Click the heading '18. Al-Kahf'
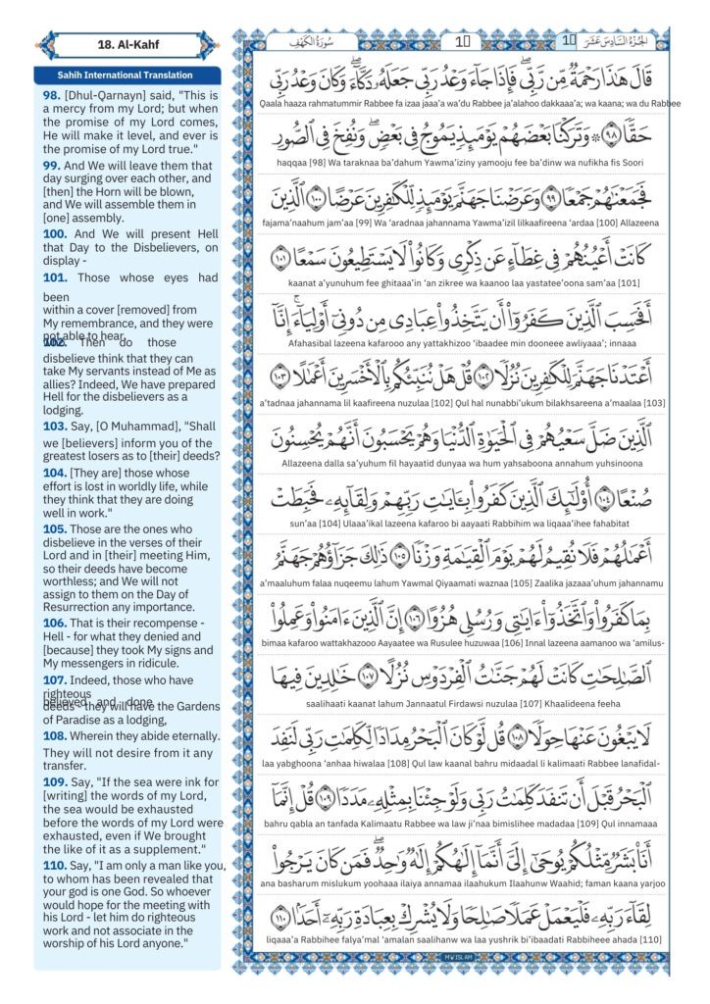127,45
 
